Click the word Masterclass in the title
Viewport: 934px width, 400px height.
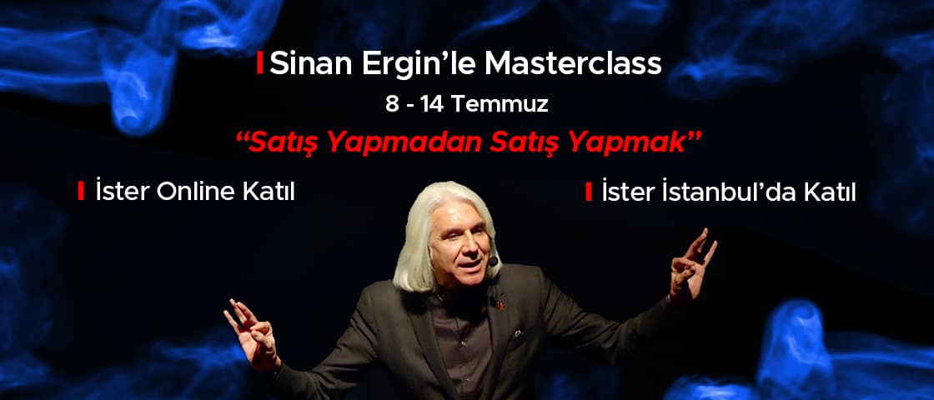[x=573, y=64]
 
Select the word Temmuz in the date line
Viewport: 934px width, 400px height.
[x=500, y=105]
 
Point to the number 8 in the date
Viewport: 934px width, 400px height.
[x=391, y=105]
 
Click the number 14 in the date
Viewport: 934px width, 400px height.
[x=433, y=105]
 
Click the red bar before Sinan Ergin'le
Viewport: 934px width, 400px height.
[x=259, y=64]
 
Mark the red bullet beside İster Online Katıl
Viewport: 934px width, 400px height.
[x=81, y=192]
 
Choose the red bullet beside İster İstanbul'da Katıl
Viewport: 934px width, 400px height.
[x=589, y=192]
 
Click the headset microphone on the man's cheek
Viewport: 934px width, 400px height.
[x=493, y=261]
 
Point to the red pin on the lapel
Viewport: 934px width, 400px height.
[x=500, y=305]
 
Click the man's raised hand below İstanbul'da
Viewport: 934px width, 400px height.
[x=691, y=265]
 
